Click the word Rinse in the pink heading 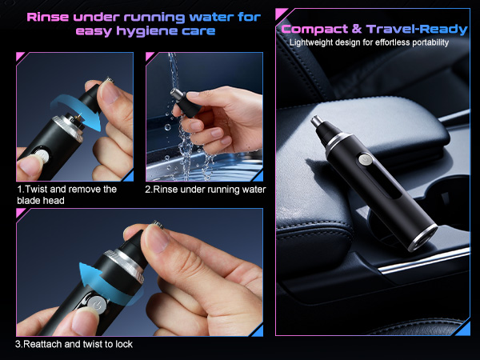coord(52,15)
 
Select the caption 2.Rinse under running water coord(205,190)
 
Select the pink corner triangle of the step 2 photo coord(150,57)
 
